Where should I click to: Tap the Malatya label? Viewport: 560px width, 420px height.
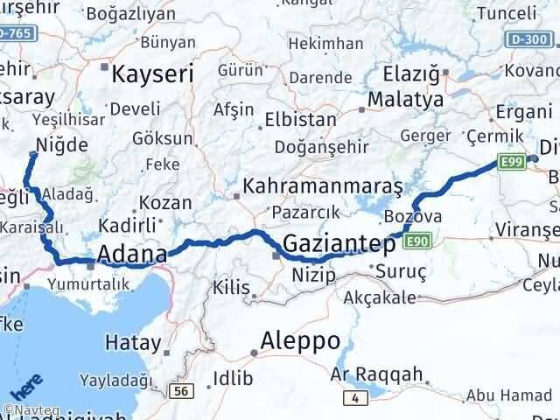pos(405,99)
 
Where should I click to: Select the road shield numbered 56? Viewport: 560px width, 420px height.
pos(180,391)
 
